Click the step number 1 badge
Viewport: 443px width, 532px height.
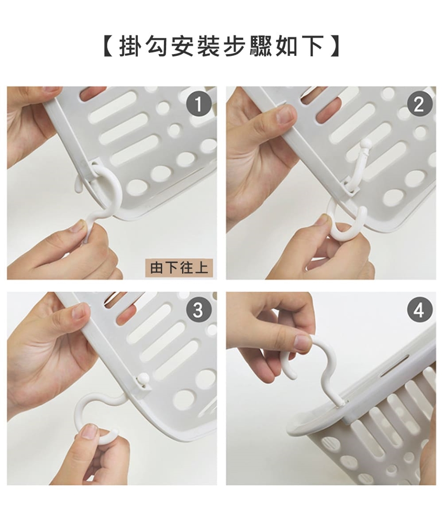(x=198, y=104)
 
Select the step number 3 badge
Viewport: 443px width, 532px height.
(x=198, y=310)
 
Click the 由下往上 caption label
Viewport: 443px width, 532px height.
(x=179, y=268)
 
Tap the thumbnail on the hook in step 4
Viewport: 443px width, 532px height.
(x=303, y=343)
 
